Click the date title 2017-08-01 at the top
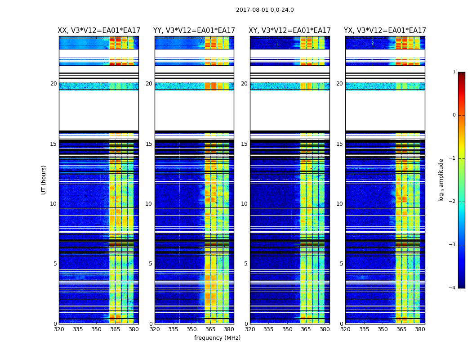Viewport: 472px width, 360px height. click(265, 10)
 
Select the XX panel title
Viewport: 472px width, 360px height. click(99, 31)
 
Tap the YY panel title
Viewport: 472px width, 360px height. click(194, 31)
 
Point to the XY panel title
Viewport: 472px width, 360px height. click(289, 31)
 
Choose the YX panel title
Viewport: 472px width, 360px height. click(385, 31)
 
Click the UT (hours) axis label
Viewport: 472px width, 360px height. click(44, 180)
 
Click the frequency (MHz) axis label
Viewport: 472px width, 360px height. click(217, 338)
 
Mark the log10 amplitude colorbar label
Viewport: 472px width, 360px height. click(441, 180)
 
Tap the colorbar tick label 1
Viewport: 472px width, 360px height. click(454, 72)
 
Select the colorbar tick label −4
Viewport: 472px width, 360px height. click(453, 288)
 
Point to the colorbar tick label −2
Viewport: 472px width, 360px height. click(453, 202)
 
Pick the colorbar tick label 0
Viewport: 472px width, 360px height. click(454, 115)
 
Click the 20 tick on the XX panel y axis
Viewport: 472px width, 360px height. click(53, 84)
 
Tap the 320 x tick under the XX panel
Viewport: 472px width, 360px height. click(59, 329)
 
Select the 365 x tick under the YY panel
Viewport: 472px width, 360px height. click(210, 329)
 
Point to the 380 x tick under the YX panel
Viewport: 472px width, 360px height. click(420, 329)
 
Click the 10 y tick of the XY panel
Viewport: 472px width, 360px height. click(244, 204)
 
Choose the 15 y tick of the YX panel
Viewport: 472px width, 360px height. click(339, 144)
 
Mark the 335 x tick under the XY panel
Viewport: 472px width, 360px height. click(268, 329)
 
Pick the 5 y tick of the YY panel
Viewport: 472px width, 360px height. click(151, 264)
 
